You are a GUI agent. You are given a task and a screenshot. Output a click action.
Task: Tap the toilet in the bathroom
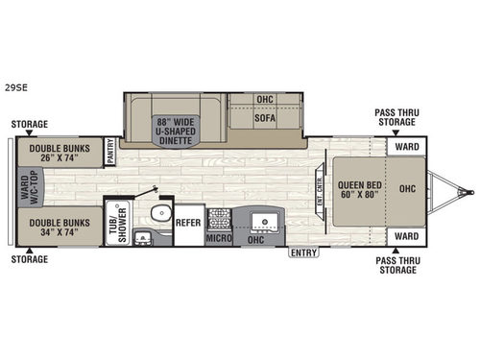coord(162,213)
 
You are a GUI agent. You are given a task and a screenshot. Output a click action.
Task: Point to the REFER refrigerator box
coord(188,222)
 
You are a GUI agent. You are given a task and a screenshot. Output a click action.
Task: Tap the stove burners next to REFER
coord(219,216)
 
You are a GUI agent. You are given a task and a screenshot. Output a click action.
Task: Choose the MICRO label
coord(221,237)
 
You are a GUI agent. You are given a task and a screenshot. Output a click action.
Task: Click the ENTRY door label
coord(302,252)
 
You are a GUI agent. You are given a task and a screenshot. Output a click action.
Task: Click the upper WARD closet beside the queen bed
coord(405,148)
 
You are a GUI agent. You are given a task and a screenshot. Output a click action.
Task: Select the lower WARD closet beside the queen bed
coord(405,234)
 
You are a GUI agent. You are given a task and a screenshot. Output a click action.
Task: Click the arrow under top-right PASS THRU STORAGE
coord(396,132)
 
